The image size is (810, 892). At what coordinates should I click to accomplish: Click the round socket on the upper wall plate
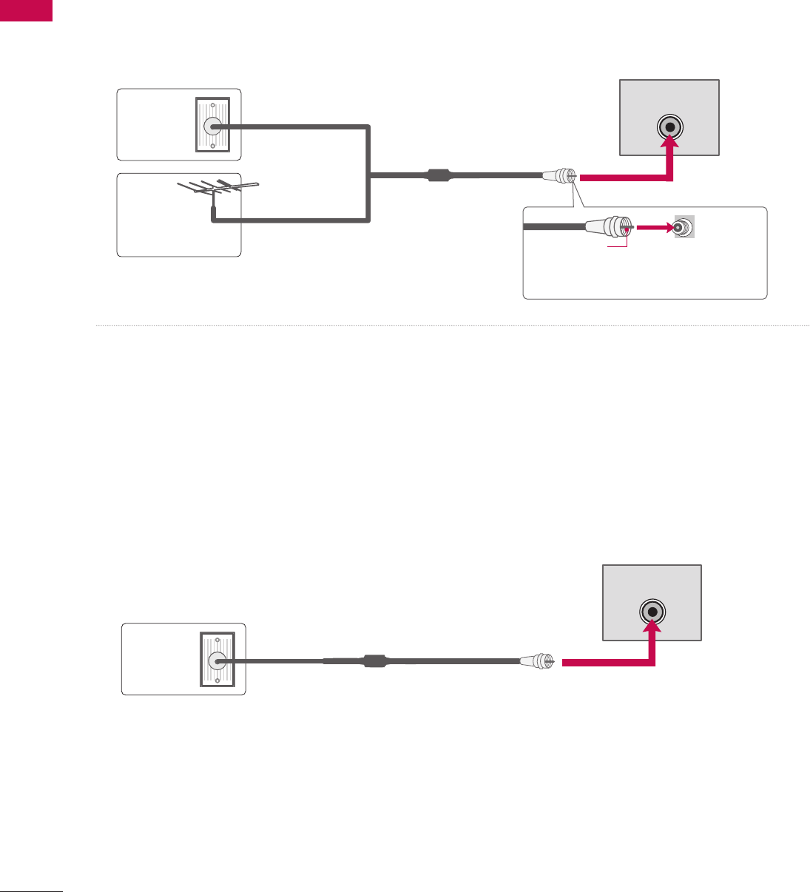(x=212, y=126)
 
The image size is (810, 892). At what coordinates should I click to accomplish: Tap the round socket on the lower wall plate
(x=217, y=660)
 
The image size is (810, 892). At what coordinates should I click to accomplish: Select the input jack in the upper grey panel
(x=669, y=126)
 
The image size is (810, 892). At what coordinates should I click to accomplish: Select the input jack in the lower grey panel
(x=652, y=612)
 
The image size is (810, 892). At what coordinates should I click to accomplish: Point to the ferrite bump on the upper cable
(x=439, y=176)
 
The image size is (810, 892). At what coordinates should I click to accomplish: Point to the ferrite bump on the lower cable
(x=375, y=660)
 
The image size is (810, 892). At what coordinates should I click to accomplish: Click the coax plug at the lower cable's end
(x=537, y=661)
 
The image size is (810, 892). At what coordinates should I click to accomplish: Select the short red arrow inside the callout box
(x=655, y=228)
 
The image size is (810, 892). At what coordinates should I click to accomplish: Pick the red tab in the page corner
(x=27, y=10)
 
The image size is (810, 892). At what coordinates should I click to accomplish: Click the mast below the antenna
(x=213, y=212)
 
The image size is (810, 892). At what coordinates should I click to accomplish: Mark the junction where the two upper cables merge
(x=368, y=176)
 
